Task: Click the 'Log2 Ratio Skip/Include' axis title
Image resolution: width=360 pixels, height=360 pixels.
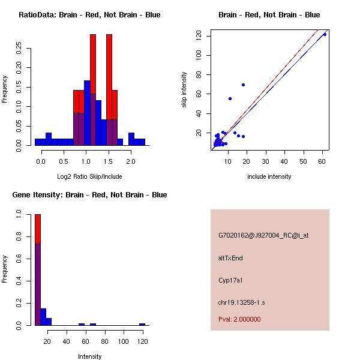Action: [x=89, y=176]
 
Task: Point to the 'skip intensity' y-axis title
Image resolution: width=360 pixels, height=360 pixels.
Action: [x=185, y=90]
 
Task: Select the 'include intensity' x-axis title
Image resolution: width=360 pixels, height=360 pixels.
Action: [x=269, y=176]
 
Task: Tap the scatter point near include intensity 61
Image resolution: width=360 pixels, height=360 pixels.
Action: [x=325, y=34]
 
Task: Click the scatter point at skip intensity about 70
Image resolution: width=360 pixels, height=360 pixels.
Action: [x=243, y=85]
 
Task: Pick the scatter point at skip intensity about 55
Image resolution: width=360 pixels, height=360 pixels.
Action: [x=230, y=98]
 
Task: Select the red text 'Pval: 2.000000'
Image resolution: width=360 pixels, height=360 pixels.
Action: [x=239, y=319]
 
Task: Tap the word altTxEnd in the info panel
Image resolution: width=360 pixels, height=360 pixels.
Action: [x=230, y=258]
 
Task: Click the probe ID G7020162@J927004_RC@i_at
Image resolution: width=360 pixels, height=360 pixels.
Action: [x=263, y=236]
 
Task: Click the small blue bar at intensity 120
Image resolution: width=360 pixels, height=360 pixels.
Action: [x=142, y=324]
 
